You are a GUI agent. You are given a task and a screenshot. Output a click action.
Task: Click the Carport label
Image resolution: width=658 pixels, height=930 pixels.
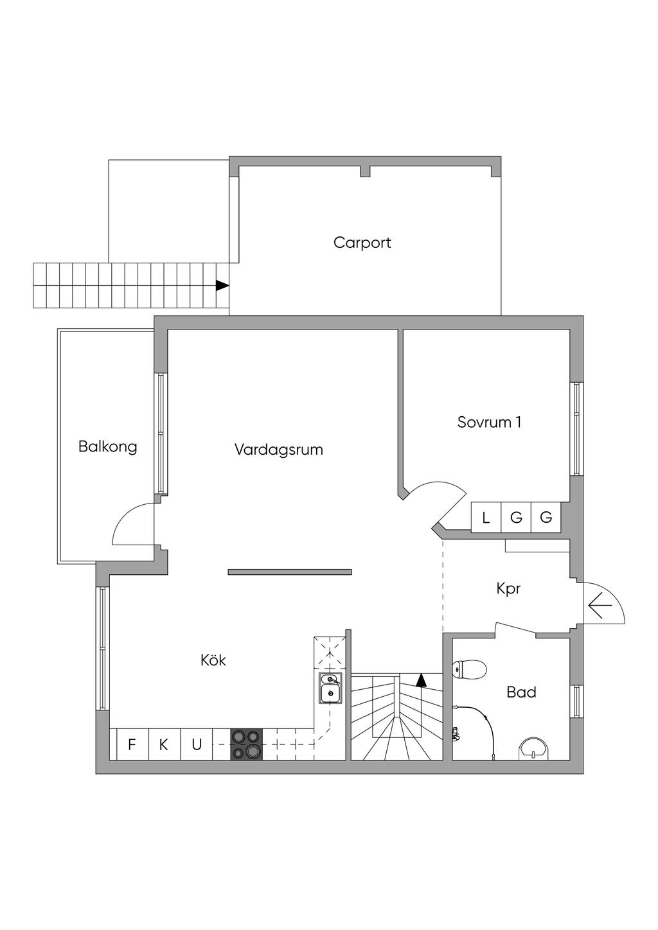[x=362, y=243]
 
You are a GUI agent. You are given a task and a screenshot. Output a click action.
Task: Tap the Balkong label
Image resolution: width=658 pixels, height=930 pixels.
[x=107, y=448]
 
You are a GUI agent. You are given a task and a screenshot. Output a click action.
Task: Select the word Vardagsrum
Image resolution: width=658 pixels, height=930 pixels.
[x=279, y=450]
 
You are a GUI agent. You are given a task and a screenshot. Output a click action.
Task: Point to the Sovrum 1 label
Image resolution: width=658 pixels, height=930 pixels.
[x=489, y=422]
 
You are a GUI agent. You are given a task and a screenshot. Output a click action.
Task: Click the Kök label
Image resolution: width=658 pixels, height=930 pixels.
[x=213, y=660]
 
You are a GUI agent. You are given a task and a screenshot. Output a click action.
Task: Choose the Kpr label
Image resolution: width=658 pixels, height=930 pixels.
[x=508, y=589]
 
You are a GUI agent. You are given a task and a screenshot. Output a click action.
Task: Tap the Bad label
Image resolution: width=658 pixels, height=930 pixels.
[x=521, y=692]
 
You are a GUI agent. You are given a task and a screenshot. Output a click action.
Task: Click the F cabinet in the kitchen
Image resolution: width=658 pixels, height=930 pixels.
[x=132, y=744]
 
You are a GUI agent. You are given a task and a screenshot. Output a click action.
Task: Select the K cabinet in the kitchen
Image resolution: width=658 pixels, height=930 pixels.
[x=164, y=744]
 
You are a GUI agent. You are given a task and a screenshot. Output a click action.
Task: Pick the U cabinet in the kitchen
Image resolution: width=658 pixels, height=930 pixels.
[x=197, y=744]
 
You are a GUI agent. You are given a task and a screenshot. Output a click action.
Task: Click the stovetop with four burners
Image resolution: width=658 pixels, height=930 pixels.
[x=247, y=744]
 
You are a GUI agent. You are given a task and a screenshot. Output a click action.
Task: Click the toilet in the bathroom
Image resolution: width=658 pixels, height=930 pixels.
[x=469, y=669]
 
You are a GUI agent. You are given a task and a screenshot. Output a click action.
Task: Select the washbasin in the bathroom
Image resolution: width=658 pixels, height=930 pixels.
[x=533, y=748]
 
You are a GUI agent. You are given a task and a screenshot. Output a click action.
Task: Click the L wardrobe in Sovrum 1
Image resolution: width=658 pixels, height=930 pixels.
[x=486, y=518]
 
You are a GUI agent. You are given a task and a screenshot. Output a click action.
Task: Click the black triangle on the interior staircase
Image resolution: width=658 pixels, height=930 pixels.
[x=422, y=680]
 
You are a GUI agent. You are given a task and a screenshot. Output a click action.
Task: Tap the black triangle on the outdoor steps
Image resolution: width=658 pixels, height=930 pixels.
[x=222, y=286]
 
